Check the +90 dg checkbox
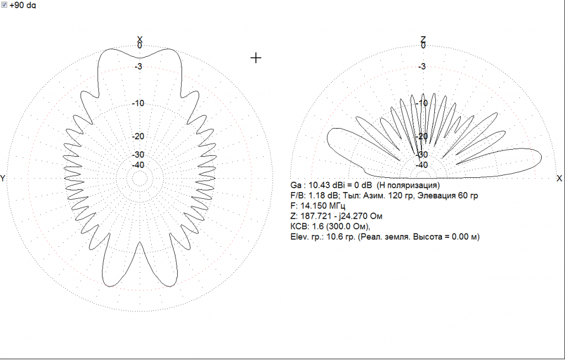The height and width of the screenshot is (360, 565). click(4, 4)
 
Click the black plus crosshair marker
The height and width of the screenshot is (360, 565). click(256, 58)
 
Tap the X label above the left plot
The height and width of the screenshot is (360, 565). click(140, 39)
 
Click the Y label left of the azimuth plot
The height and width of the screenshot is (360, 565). click(3, 178)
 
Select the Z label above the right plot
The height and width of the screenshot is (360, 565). click(423, 39)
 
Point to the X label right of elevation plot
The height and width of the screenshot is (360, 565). click(559, 178)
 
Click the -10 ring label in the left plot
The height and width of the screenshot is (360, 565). click(138, 103)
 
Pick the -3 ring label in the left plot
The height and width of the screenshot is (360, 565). click(138, 66)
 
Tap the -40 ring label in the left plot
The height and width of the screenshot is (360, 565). click(138, 165)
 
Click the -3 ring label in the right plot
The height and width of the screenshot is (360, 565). click(422, 66)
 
